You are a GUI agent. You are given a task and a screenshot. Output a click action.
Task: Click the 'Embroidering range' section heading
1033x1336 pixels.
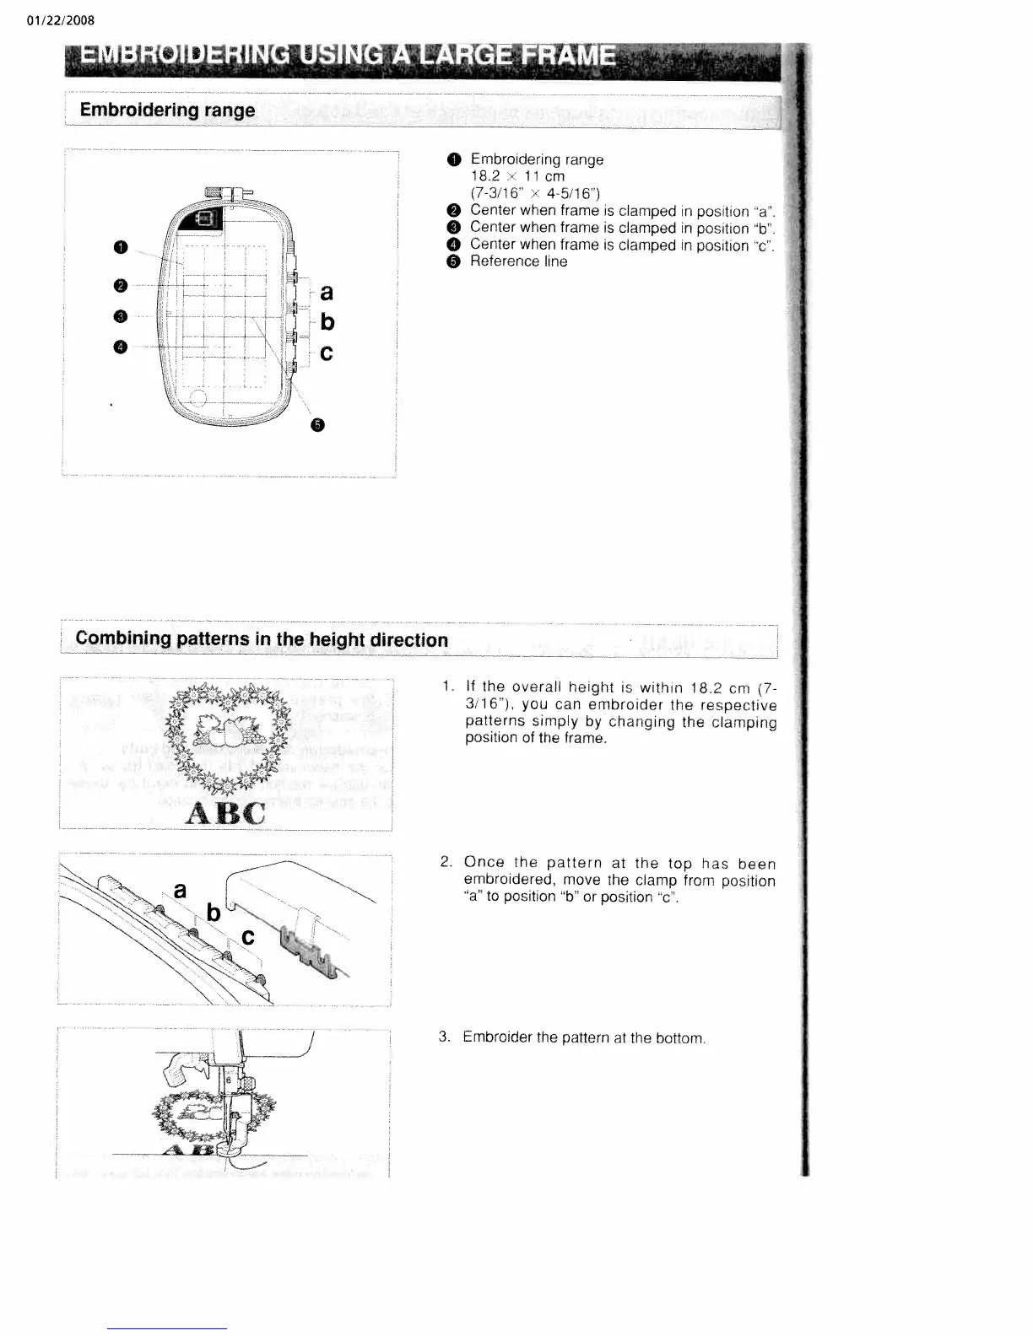(166, 110)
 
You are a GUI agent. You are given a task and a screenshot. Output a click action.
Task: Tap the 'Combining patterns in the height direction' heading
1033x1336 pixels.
(262, 639)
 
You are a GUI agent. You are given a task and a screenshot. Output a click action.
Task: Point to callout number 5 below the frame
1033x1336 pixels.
(317, 424)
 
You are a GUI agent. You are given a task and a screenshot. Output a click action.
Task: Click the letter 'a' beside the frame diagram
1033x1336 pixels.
(327, 292)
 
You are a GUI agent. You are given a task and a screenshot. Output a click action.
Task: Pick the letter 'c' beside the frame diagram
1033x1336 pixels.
(327, 353)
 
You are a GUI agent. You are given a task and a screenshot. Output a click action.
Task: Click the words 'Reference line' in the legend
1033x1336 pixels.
(518, 261)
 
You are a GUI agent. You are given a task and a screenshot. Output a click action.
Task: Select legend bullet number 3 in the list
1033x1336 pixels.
(454, 228)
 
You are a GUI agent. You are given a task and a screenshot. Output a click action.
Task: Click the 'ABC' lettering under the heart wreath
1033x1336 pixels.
(225, 813)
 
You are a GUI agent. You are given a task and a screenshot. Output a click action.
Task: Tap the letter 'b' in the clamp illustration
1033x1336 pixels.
(214, 913)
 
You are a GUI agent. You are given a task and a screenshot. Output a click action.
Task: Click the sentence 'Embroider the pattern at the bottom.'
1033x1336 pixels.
(583, 1038)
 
